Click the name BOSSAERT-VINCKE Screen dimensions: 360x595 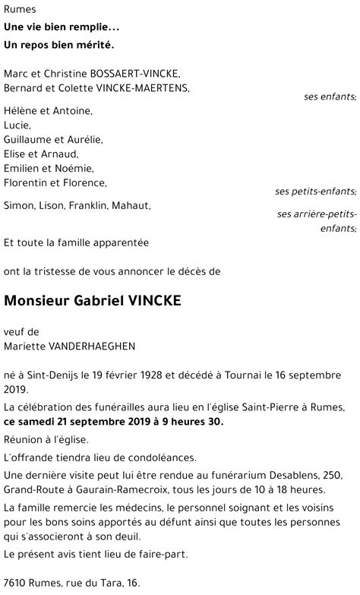(x=136, y=73)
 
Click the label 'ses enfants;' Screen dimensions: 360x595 (x=330, y=97)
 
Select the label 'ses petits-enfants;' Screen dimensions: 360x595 (x=315, y=191)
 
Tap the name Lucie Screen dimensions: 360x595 (x=17, y=125)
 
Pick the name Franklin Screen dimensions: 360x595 (x=91, y=206)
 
